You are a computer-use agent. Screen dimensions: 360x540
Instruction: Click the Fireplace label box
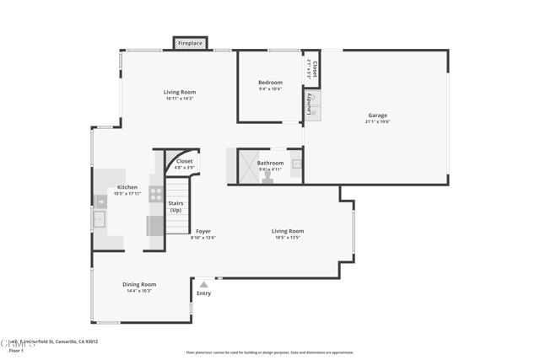[191, 43]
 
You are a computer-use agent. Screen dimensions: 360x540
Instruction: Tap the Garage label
[377, 115]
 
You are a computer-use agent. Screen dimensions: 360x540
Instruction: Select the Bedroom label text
[270, 82]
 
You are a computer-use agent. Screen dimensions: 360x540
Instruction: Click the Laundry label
[310, 104]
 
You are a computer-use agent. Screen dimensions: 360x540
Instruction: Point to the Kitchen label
[127, 187]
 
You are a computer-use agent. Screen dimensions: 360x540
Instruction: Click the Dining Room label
[140, 284]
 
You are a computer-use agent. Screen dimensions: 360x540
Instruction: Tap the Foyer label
[203, 231]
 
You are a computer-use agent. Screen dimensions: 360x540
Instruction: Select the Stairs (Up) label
[175, 207]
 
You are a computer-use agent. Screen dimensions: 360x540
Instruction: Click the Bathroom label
[270, 163]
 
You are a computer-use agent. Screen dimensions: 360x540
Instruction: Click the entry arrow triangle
[203, 285]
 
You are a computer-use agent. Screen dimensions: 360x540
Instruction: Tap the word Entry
[203, 293]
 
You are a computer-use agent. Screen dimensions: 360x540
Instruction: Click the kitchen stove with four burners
[156, 194]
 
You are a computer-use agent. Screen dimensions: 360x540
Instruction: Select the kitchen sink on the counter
[100, 221]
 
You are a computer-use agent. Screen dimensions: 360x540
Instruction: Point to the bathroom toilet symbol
[267, 177]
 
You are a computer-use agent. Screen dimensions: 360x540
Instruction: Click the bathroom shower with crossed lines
[247, 167]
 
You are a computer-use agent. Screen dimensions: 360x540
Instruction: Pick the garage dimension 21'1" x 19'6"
[377, 121]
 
